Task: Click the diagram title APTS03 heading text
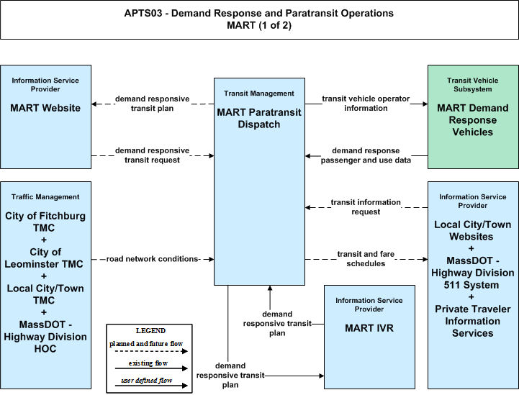pyautogui.click(x=259, y=19)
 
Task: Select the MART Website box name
pyautogui.click(x=45, y=108)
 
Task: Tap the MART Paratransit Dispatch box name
pyautogui.click(x=259, y=118)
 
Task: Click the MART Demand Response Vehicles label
pyautogui.click(x=473, y=119)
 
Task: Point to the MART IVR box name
pyautogui.click(x=369, y=328)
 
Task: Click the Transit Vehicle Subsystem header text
pyautogui.click(x=473, y=85)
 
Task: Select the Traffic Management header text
pyautogui.click(x=45, y=197)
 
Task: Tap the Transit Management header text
pyautogui.click(x=259, y=94)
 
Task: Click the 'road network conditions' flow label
pyautogui.click(x=153, y=259)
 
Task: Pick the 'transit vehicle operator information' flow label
pyautogui.click(x=366, y=103)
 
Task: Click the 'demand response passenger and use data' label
pyautogui.click(x=366, y=155)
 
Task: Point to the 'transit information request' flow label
pyautogui.click(x=366, y=206)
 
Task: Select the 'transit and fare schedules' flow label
pyautogui.click(x=366, y=259)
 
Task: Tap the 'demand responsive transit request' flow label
pyautogui.click(x=153, y=155)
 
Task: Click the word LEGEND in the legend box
pyautogui.click(x=150, y=330)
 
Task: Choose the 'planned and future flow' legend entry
pyautogui.click(x=146, y=344)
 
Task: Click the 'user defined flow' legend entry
pyautogui.click(x=147, y=381)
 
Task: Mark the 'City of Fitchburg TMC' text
pyautogui.click(x=45, y=222)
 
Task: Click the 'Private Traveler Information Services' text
pyautogui.click(x=473, y=321)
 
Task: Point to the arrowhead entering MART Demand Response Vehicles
pyautogui.click(x=425, y=104)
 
